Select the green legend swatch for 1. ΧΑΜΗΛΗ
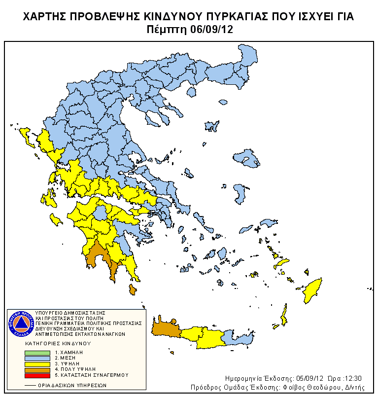click(x=37, y=353)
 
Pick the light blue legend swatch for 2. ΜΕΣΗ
click(x=37, y=358)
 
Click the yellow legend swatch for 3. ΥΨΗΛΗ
click(x=37, y=363)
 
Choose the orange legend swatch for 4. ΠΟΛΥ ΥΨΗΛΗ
click(x=37, y=369)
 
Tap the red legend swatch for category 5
click(x=37, y=375)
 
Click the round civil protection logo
click(x=21, y=324)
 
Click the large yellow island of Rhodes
click(x=312, y=291)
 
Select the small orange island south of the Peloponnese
click(x=132, y=289)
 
